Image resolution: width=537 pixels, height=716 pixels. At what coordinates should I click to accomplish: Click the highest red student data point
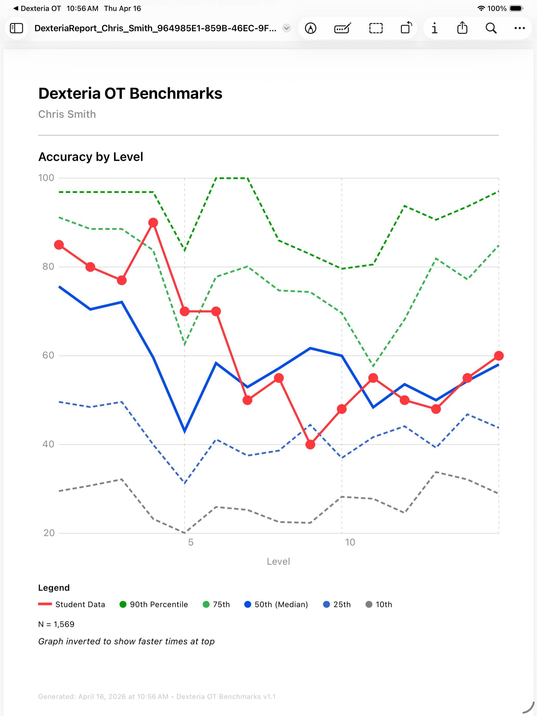pos(153,223)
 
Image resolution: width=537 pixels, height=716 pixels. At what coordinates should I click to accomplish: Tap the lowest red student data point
pos(310,445)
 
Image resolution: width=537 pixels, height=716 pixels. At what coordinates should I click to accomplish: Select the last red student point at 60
pos(499,356)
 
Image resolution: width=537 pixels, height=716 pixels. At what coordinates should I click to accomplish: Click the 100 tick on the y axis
pos(46,178)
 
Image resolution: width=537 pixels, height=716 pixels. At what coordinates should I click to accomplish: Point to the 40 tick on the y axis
pos(48,444)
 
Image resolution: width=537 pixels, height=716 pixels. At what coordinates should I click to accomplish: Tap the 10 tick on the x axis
pos(350,542)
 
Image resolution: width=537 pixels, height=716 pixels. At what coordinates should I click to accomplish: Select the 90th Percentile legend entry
pos(154,605)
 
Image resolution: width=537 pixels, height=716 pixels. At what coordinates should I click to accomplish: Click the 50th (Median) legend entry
pos(276,605)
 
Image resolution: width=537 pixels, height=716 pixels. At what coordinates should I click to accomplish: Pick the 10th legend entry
pos(379,605)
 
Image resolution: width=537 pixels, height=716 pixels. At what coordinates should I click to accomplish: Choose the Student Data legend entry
pos(72,605)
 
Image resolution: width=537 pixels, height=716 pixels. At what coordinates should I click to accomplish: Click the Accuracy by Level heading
pos(91,157)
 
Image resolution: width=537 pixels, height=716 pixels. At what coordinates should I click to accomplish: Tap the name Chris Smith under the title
pos(67,114)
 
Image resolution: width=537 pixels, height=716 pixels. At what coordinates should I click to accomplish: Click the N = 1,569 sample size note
pos(56,624)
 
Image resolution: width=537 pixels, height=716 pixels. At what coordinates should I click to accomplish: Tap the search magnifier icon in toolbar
pos(491,28)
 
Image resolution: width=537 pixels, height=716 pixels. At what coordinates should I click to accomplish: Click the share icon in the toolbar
pos(462,28)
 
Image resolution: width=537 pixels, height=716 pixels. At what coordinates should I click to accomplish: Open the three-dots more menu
pos(520,28)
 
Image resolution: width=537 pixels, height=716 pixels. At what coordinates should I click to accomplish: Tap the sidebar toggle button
pos(16,28)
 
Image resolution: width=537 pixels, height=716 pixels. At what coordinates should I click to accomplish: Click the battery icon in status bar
pos(516,8)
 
